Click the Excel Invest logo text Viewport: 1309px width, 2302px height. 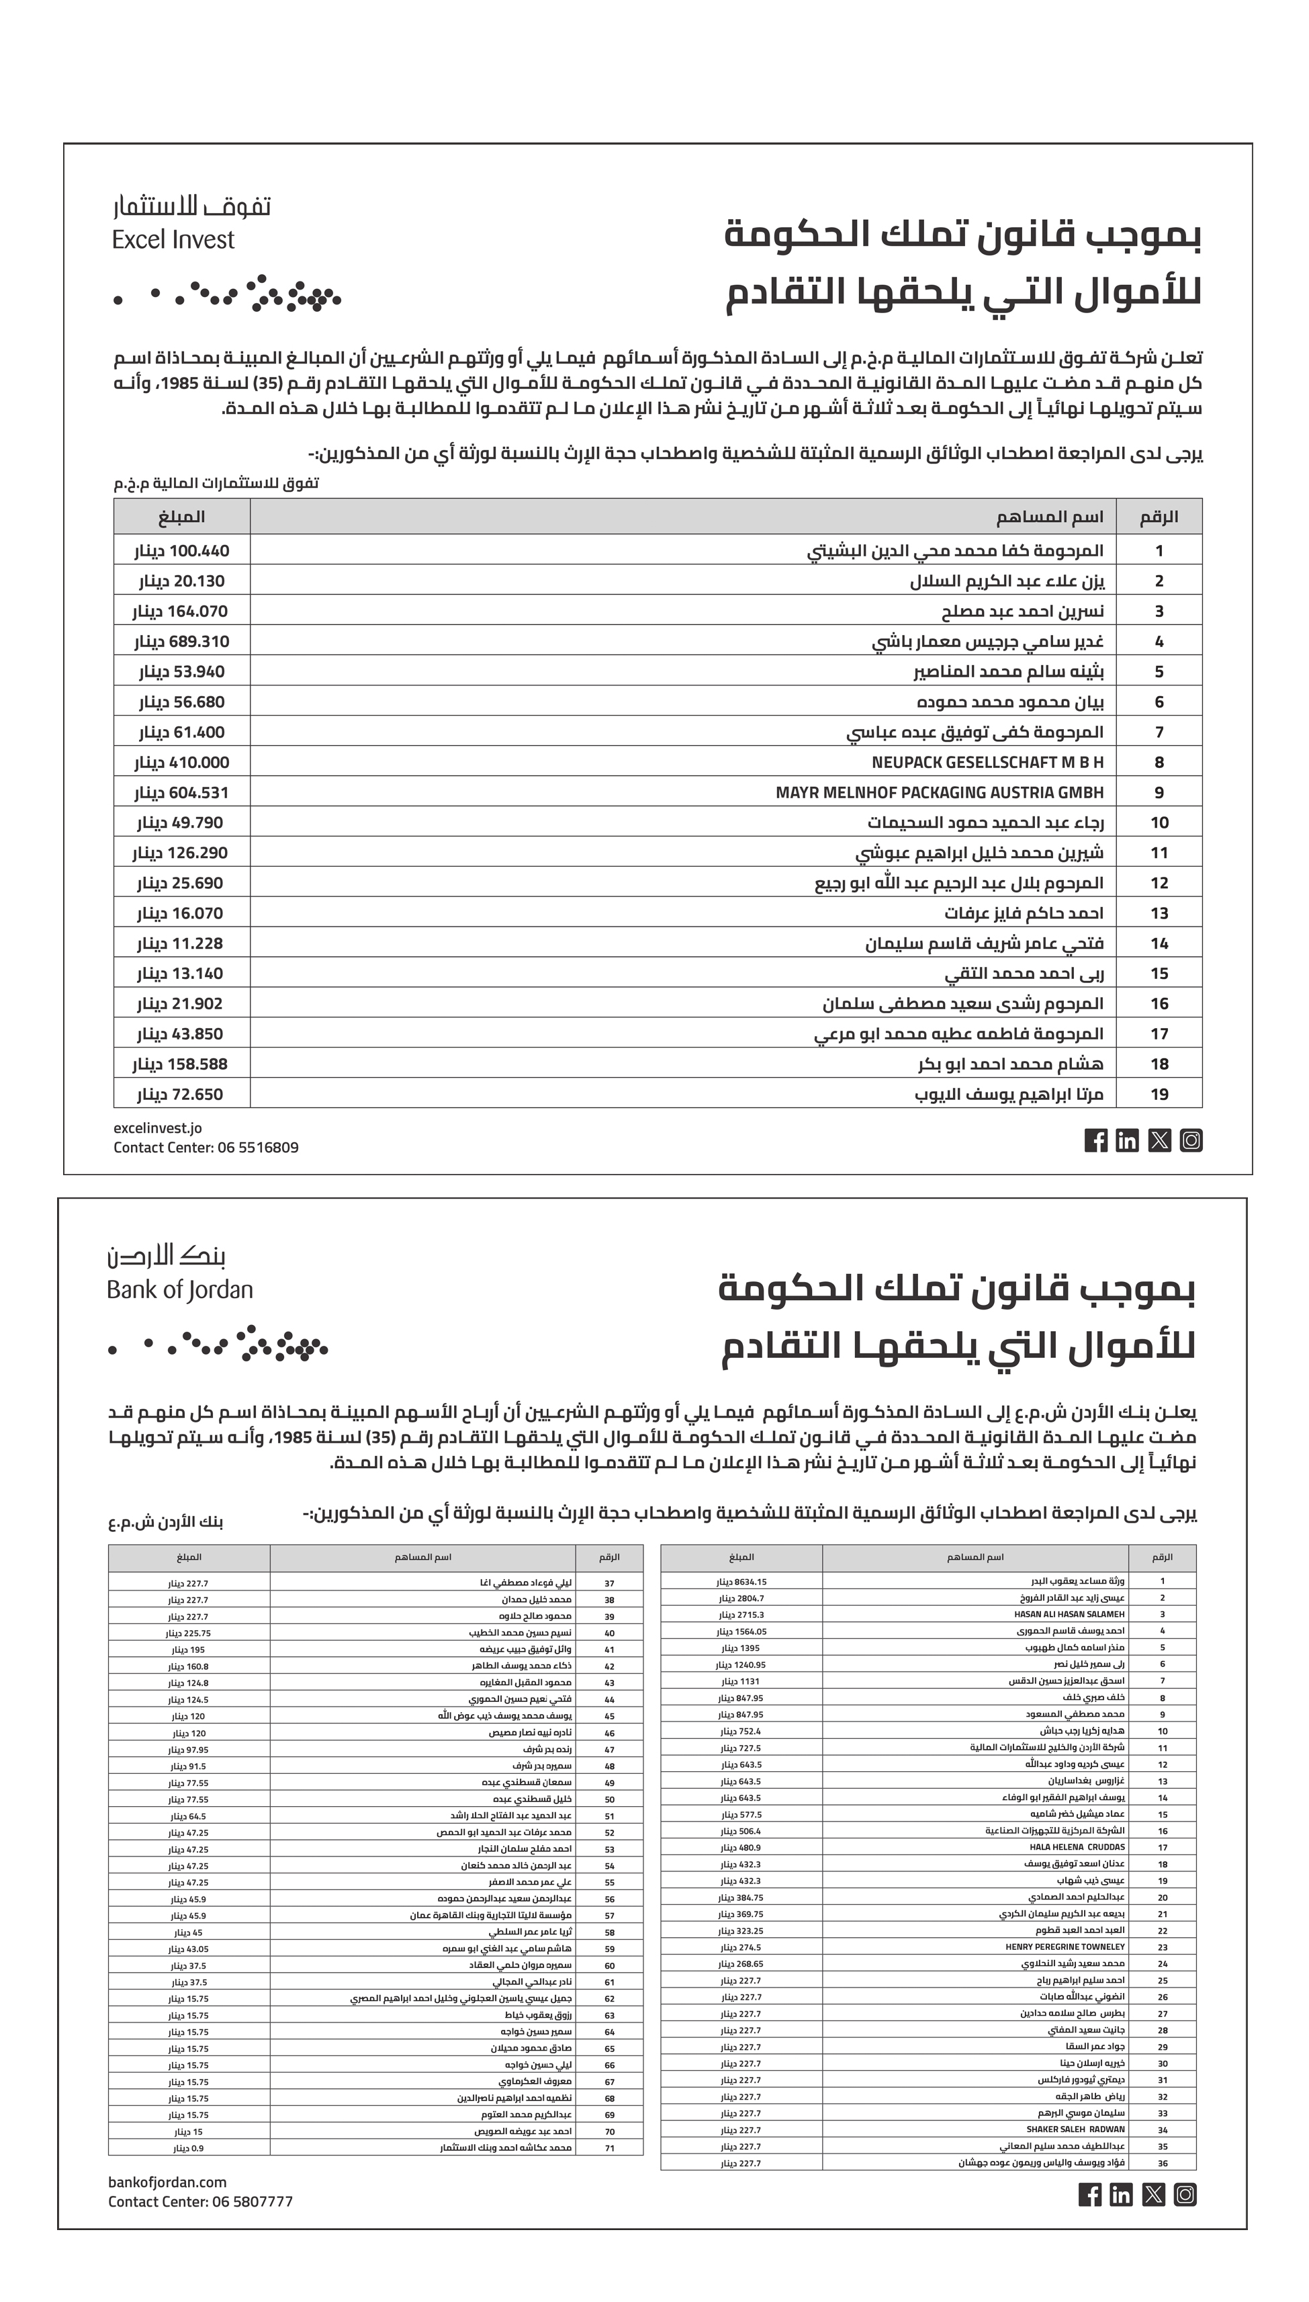click(173, 240)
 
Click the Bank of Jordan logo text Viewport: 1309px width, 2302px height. click(180, 1290)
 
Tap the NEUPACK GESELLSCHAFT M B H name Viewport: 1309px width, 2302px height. click(987, 763)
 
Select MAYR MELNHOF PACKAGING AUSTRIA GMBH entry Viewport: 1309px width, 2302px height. click(940, 793)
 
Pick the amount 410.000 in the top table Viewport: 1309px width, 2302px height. click(199, 763)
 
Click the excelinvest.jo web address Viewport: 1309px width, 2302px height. click(157, 1127)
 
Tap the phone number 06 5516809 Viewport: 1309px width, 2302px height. click(257, 1148)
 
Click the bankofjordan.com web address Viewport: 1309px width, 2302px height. click(167, 2182)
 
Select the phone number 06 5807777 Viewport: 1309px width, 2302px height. click(252, 2201)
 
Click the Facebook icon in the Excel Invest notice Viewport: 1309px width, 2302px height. click(1096, 1141)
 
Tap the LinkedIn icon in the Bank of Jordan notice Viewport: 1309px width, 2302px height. click(1121, 2195)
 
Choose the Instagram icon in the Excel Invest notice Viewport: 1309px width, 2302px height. click(1191, 1141)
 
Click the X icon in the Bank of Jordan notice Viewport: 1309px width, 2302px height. click(1153, 2195)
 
